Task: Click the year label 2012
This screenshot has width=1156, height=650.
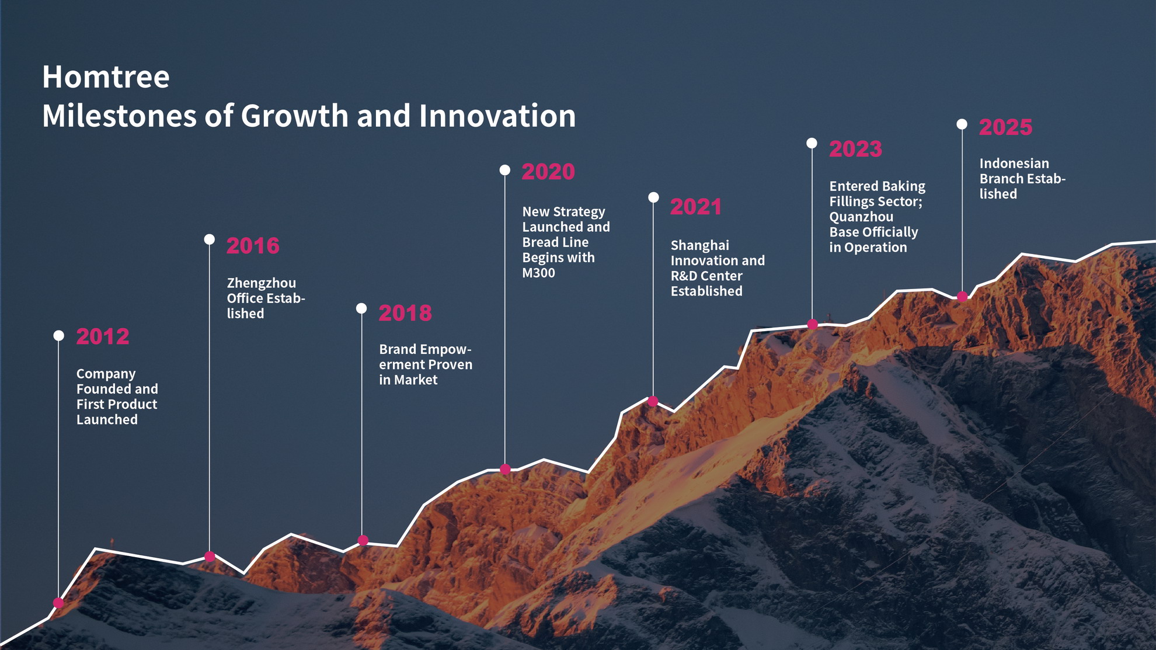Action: pyautogui.click(x=103, y=336)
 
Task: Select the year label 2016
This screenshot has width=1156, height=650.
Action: pyautogui.click(x=253, y=246)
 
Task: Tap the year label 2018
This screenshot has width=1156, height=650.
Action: pyautogui.click(x=405, y=314)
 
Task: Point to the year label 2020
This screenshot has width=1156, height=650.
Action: pyautogui.click(x=548, y=172)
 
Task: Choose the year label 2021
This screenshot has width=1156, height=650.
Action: pyautogui.click(x=696, y=207)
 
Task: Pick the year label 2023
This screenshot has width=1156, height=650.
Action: pyautogui.click(x=855, y=150)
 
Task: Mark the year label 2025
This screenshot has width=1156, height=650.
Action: pyautogui.click(x=1005, y=128)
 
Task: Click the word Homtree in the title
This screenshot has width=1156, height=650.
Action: pyautogui.click(x=106, y=77)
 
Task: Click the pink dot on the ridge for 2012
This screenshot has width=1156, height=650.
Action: pyautogui.click(x=58, y=603)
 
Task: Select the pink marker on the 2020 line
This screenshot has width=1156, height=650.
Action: pyautogui.click(x=505, y=469)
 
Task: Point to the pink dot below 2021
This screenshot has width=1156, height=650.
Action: pyautogui.click(x=653, y=401)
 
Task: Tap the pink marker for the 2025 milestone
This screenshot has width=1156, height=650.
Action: pyautogui.click(x=962, y=297)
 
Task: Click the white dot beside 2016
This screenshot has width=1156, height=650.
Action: pyautogui.click(x=209, y=239)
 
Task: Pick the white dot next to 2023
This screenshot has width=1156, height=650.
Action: pyautogui.click(x=812, y=143)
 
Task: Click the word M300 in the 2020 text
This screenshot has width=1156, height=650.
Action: pyautogui.click(x=538, y=273)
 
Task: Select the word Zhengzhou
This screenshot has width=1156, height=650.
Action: pyautogui.click(x=261, y=283)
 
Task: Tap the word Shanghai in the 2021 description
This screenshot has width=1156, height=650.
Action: pyautogui.click(x=699, y=245)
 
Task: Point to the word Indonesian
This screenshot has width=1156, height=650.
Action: pyautogui.click(x=1014, y=164)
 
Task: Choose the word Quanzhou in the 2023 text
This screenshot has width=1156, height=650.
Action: pyautogui.click(x=861, y=217)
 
